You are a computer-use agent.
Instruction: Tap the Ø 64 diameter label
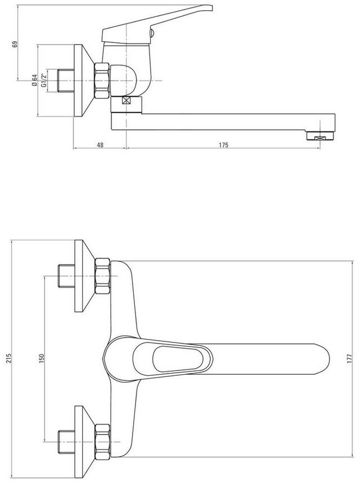[34, 80]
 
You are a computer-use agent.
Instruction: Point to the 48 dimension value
[100, 145]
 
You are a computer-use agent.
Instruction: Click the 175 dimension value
[223, 145]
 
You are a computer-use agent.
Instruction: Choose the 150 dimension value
[42, 358]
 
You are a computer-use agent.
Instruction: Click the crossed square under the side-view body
[126, 100]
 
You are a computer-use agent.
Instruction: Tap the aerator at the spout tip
[321, 136]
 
